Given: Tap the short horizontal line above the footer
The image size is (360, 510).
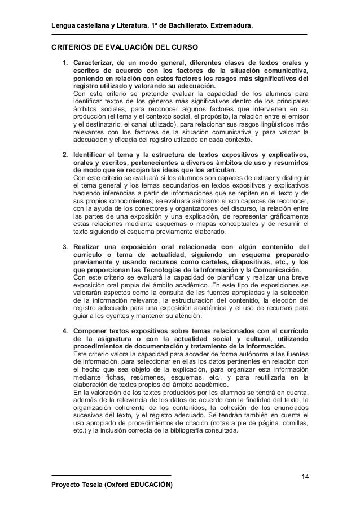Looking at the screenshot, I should pyautogui.click(x=111, y=475).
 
